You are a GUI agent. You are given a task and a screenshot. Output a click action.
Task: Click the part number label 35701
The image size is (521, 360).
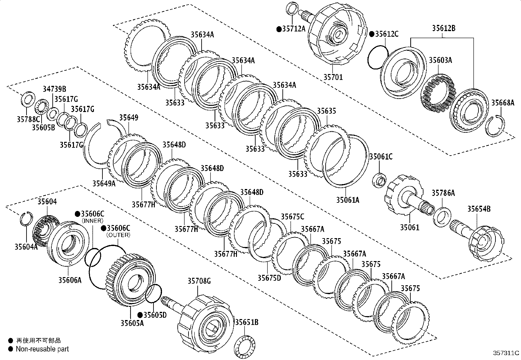coord(333,77)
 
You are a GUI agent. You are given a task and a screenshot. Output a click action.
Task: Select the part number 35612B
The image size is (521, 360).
coord(443,28)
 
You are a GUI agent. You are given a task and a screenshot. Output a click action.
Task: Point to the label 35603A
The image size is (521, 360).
coord(440,60)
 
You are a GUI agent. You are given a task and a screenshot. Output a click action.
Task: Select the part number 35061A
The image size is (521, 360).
coord(348,199)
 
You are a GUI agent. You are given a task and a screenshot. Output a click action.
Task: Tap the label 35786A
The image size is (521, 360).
coord(443,193)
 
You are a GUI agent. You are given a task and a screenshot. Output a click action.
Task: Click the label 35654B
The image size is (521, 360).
coord(479,209)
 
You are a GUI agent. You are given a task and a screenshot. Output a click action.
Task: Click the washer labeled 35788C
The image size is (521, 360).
coord(28,98)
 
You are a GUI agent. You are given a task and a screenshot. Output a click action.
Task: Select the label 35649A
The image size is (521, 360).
coord(104,183)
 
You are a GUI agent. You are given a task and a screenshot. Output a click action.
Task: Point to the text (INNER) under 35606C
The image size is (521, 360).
coord(93,221)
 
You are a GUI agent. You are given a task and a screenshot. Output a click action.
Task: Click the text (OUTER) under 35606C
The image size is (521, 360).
coord(118,235)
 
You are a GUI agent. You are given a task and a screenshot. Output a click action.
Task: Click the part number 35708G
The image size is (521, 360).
coord(199,281)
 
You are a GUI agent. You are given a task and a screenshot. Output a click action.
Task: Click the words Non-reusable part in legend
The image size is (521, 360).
coord(43,349)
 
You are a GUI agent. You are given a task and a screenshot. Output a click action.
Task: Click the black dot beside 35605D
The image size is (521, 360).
coord(140,315)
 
